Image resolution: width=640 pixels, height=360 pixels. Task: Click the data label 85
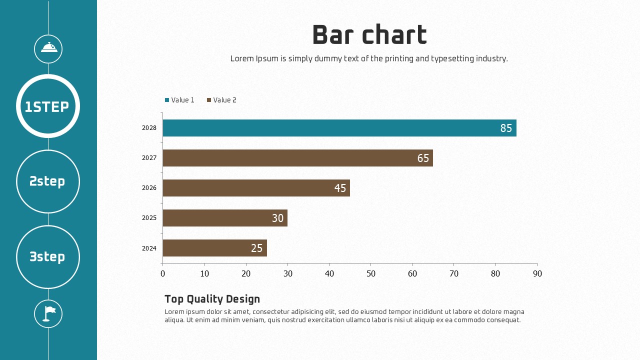(x=506, y=128)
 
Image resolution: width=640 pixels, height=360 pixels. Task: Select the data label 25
(x=256, y=248)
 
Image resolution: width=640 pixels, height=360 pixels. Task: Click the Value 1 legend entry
(x=180, y=100)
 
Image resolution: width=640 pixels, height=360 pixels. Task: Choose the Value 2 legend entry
(x=222, y=100)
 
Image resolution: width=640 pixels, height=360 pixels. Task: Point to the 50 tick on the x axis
(x=371, y=273)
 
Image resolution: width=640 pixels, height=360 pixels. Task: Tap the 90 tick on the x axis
(x=537, y=273)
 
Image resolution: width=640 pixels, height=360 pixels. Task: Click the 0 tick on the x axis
(x=162, y=273)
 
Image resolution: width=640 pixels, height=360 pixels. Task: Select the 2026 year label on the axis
(x=149, y=188)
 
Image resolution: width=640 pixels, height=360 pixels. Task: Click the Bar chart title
(x=369, y=35)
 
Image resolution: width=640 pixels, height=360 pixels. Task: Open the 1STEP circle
(x=48, y=106)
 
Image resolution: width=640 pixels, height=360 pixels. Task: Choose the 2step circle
(x=48, y=181)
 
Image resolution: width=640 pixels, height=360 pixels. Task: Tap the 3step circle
(x=48, y=257)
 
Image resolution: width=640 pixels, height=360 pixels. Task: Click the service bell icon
(x=48, y=48)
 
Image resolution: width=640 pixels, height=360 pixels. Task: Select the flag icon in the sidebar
(x=48, y=313)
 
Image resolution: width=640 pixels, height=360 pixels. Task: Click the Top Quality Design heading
(x=212, y=299)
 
